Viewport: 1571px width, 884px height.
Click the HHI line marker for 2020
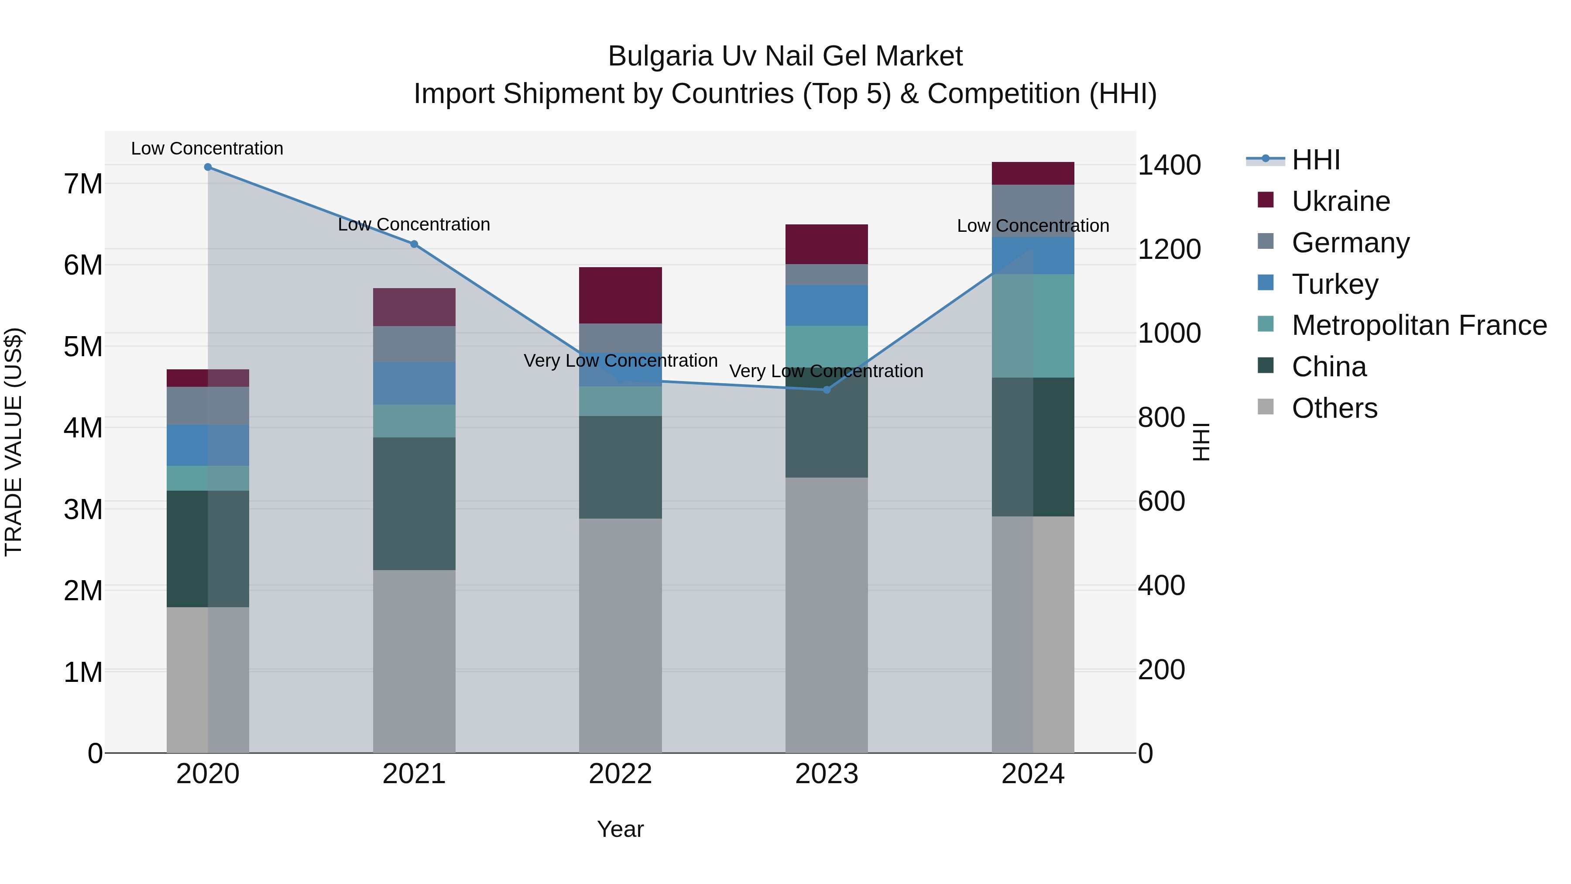click(208, 167)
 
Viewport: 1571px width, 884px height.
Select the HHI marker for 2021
click(414, 244)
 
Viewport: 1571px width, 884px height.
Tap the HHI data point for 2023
click(827, 390)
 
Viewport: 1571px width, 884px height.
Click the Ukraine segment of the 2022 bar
click(620, 295)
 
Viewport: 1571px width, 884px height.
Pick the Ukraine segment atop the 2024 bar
click(1032, 173)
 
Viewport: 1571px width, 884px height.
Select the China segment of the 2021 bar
click(414, 503)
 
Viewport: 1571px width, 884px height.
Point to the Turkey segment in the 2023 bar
click(827, 305)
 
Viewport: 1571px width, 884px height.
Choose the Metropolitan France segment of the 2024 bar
click(1032, 326)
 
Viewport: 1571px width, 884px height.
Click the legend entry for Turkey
click(1335, 284)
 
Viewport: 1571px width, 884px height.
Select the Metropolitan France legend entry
click(1419, 326)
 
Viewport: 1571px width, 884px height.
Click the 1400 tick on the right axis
click(1169, 165)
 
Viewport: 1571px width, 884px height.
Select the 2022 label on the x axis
click(620, 774)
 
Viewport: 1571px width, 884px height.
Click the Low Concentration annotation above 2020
click(207, 148)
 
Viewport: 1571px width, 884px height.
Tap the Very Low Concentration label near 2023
click(827, 371)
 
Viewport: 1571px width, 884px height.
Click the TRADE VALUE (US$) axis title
click(14, 442)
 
